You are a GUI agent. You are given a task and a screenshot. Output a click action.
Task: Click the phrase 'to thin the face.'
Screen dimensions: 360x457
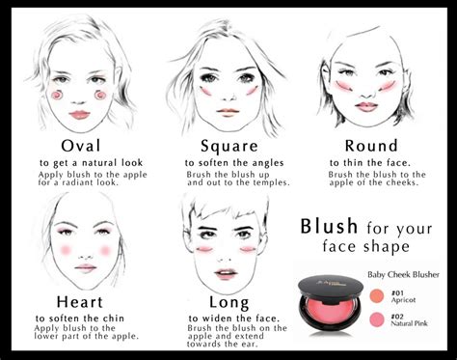pos(371,162)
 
